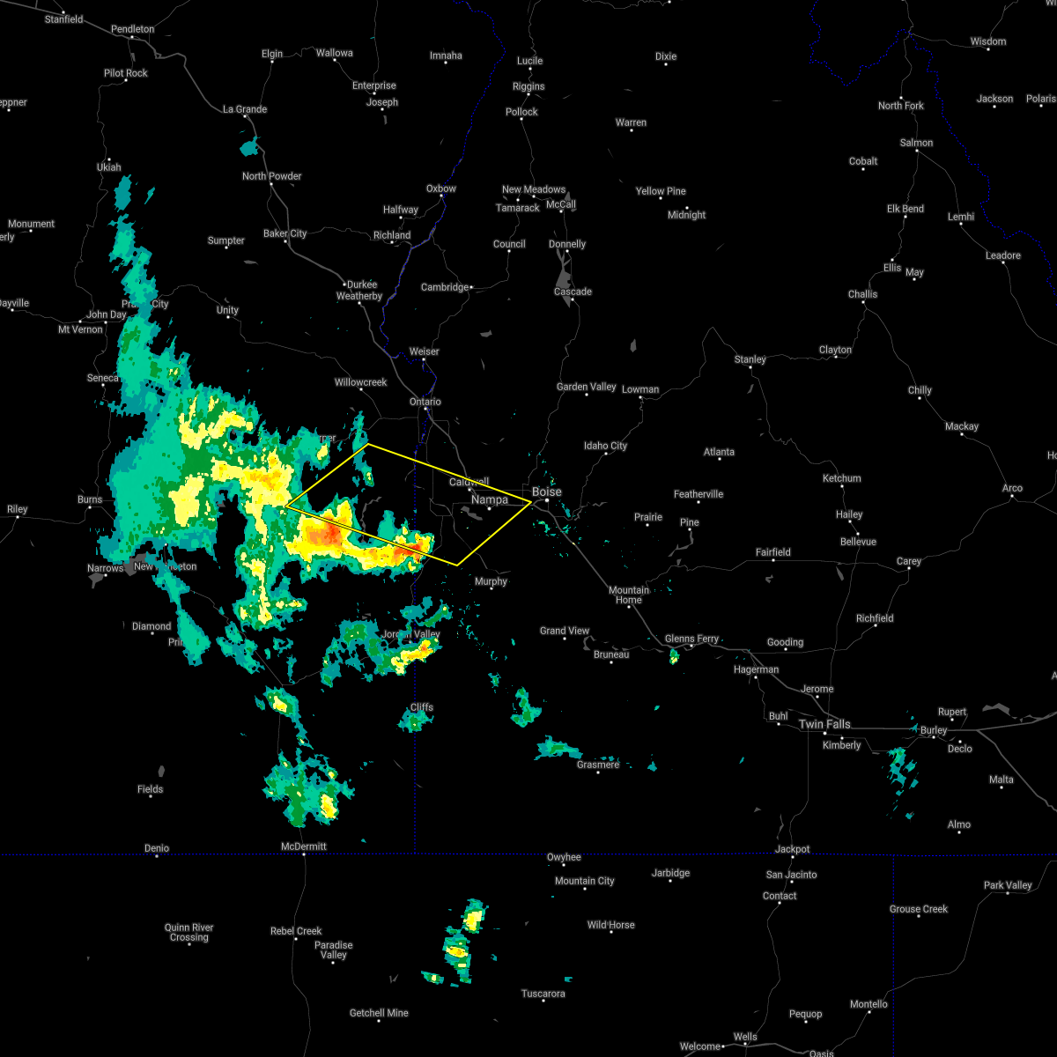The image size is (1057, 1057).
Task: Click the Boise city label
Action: click(546, 492)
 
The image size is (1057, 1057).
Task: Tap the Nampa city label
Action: click(490, 499)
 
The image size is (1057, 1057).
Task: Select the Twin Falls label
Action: click(824, 724)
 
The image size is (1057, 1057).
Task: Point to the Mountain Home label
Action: click(628, 595)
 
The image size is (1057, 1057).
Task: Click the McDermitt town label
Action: click(303, 846)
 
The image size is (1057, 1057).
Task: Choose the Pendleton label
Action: click(133, 29)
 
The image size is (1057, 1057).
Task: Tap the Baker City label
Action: click(285, 233)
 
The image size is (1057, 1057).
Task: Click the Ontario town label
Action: click(425, 402)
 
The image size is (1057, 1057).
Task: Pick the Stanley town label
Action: click(750, 359)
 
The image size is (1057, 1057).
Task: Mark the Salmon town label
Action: click(917, 143)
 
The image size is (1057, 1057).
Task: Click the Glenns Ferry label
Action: click(692, 639)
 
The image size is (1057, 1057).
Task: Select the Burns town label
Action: click(90, 499)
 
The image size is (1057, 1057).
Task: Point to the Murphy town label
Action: click(491, 581)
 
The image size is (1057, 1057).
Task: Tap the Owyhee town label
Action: click(564, 857)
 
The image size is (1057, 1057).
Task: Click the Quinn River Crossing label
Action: click(189, 932)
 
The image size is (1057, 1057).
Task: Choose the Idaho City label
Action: click(606, 446)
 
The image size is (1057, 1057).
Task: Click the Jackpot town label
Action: click(792, 849)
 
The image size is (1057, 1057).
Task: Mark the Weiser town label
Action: click(424, 351)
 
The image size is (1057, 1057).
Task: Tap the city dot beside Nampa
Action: click(490, 508)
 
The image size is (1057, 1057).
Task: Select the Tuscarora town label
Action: click(543, 994)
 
